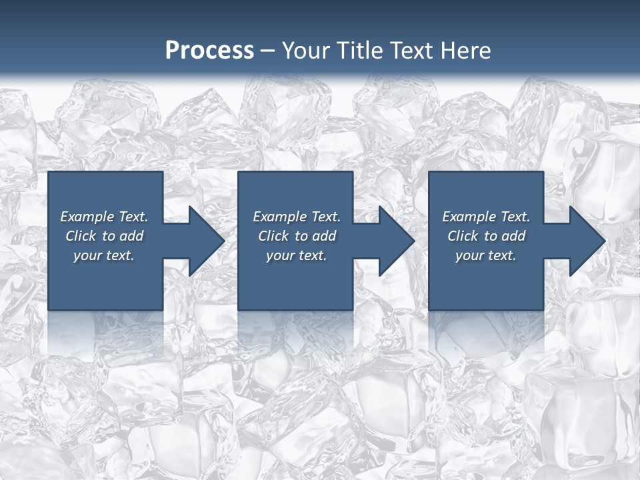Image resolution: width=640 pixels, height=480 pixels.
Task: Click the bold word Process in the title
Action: click(x=209, y=51)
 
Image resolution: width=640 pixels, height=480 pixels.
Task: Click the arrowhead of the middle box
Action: click(x=395, y=241)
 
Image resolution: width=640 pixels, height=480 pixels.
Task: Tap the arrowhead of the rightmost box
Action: click(x=585, y=241)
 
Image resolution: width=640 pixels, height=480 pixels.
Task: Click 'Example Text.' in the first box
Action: click(x=104, y=217)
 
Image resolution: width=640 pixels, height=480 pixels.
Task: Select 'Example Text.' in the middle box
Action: click(x=296, y=217)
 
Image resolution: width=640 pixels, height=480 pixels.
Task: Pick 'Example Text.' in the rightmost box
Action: click(x=486, y=217)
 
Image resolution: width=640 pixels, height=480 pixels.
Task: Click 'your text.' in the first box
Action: click(x=104, y=255)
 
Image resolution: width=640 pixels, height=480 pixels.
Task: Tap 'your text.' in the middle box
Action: click(x=296, y=255)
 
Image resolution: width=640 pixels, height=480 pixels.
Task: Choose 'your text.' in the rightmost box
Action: click(x=486, y=255)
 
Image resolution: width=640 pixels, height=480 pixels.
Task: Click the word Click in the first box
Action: click(x=81, y=236)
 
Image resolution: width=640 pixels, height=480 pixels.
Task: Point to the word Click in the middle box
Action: click(x=273, y=236)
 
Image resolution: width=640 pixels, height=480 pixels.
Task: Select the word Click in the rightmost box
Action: click(x=463, y=236)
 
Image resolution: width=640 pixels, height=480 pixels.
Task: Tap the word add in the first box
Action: click(x=132, y=236)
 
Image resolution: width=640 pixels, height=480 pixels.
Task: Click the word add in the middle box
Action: click(x=324, y=236)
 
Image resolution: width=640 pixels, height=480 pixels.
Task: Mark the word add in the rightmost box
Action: click(x=514, y=236)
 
